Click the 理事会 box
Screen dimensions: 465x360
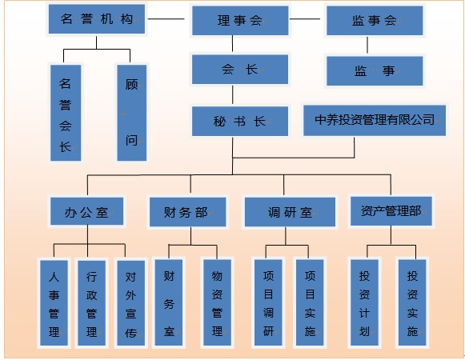(x=240, y=21)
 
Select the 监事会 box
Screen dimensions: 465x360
(x=375, y=21)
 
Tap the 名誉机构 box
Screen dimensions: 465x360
(x=97, y=19)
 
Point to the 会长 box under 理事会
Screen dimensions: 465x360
(x=240, y=70)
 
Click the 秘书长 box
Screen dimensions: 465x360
(x=240, y=122)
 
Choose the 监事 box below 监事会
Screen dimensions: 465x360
(x=375, y=71)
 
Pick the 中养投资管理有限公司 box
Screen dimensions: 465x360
(x=375, y=120)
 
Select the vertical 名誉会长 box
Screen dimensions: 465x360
(x=66, y=113)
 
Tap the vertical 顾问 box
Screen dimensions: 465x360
(x=132, y=113)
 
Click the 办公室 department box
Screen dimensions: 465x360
(x=86, y=211)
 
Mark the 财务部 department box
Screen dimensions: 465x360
(x=188, y=212)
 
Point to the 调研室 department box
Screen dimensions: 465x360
(x=290, y=212)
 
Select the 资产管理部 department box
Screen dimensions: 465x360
(x=391, y=211)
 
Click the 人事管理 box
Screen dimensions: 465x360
(x=54, y=303)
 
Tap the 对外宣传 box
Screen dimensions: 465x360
(x=130, y=303)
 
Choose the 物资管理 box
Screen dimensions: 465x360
(x=217, y=302)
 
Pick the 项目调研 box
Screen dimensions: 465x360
(x=268, y=302)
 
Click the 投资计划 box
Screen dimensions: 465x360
(x=364, y=302)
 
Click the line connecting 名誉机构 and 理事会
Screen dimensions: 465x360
(x=166, y=19)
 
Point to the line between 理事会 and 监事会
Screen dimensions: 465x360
(x=305, y=19)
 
